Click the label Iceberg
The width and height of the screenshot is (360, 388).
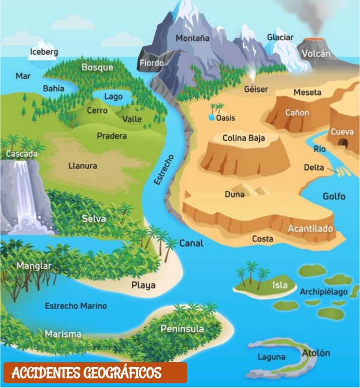click(44, 52)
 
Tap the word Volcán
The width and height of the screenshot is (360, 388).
click(316, 53)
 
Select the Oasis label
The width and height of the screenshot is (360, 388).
click(226, 118)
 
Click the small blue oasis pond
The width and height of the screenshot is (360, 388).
click(211, 118)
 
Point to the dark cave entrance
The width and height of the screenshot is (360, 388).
click(343, 143)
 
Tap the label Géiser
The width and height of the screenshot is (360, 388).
click(256, 89)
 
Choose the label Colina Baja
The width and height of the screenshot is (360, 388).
click(244, 138)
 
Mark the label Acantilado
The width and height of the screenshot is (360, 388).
click(310, 229)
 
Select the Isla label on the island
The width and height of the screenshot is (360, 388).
click(280, 285)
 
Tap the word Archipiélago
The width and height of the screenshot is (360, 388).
click(323, 292)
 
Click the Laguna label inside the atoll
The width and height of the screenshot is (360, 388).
click(267, 356)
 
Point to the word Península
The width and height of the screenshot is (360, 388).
click(182, 329)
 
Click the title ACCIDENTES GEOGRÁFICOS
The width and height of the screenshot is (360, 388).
click(86, 373)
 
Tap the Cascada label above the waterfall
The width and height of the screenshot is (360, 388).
click(22, 154)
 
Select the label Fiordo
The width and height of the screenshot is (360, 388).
click(152, 62)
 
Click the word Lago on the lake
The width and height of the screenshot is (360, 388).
click(113, 96)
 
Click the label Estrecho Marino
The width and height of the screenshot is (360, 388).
click(76, 306)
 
